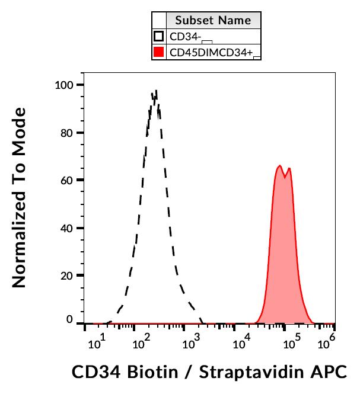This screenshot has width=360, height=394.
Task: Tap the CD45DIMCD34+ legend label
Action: pos(211,53)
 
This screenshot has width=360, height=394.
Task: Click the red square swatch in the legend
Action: pos(158,53)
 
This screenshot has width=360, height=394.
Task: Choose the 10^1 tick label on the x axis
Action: pos(97,342)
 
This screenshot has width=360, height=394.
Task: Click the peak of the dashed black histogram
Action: pos(155,91)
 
